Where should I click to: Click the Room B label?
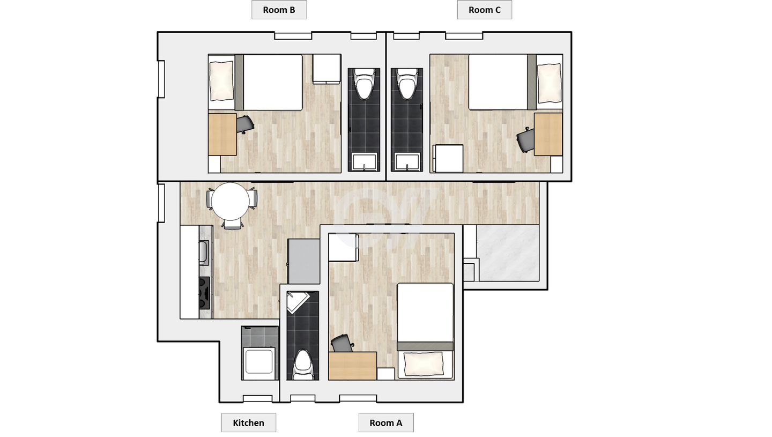click(x=279, y=10)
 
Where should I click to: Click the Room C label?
click(x=484, y=10)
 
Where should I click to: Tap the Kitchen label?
click(x=249, y=423)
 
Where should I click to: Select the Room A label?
click(x=386, y=423)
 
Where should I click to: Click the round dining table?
click(x=230, y=202)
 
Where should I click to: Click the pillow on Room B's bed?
click(x=221, y=81)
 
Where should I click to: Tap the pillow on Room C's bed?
click(x=550, y=83)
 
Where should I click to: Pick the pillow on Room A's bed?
click(x=424, y=364)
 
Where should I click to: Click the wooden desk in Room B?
click(x=222, y=135)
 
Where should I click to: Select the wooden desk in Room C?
click(x=548, y=135)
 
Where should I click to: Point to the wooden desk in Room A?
click(x=353, y=366)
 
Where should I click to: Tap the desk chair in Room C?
click(x=525, y=139)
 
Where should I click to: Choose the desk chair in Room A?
click(x=343, y=343)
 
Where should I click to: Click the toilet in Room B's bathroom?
click(x=364, y=84)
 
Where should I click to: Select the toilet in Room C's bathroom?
click(x=407, y=84)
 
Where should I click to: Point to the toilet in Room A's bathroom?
click(x=303, y=365)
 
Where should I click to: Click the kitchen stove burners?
click(x=205, y=293)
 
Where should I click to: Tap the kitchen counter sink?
click(x=204, y=253)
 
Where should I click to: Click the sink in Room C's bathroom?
click(x=407, y=162)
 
